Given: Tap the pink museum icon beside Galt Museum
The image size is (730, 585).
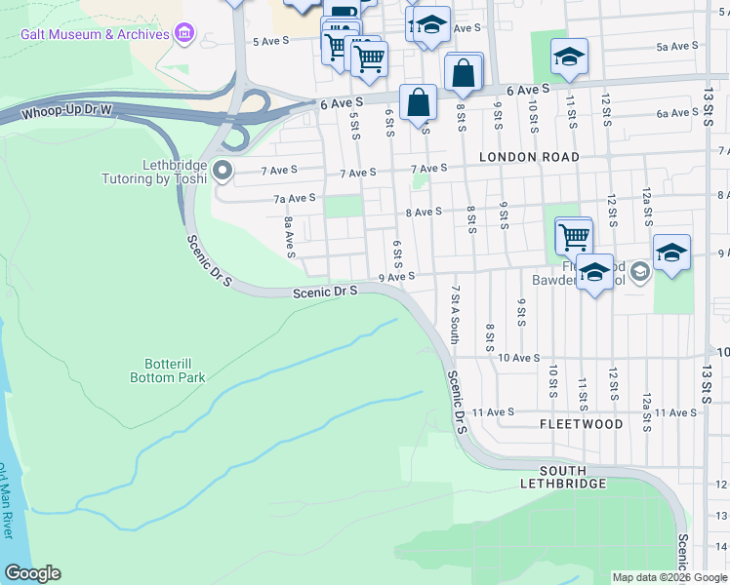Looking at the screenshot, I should [x=183, y=35].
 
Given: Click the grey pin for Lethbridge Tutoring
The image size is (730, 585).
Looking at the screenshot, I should [x=223, y=173].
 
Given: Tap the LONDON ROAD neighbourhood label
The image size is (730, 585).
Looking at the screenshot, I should [x=529, y=157].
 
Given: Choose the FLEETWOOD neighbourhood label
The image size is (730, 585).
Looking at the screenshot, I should [x=581, y=425].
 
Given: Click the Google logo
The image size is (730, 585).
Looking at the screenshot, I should [x=32, y=573].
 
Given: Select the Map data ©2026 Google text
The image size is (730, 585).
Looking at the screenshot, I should [x=669, y=577].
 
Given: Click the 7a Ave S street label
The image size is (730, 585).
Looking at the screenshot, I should [x=294, y=198].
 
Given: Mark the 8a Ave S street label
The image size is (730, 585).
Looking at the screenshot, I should [x=289, y=237].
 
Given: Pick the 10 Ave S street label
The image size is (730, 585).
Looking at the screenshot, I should [x=519, y=358].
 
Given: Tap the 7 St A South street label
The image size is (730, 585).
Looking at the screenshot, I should [x=454, y=315].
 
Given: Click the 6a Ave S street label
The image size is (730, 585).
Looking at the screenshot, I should [x=676, y=113].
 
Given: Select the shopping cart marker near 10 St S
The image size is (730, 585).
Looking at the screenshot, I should [x=574, y=235].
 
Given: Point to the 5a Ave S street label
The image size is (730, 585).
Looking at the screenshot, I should [x=678, y=46].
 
